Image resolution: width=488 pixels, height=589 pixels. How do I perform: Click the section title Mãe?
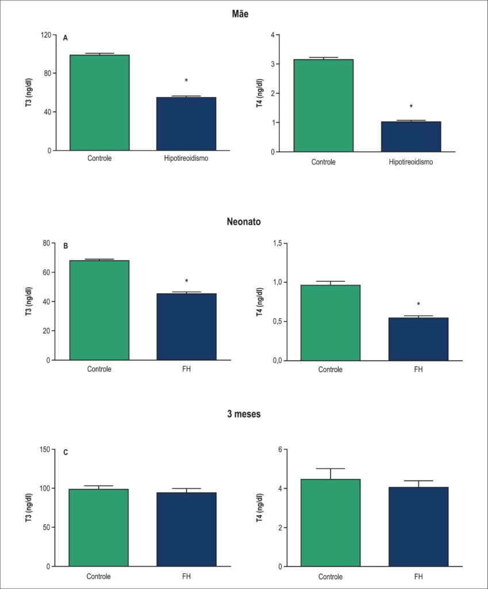240,14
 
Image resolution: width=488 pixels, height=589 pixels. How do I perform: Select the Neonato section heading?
244,221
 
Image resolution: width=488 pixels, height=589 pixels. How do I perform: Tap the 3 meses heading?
244,414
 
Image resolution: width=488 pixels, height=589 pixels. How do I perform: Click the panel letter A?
66,38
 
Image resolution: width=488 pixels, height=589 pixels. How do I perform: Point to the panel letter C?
66,452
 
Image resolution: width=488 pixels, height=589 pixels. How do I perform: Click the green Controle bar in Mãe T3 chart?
99,102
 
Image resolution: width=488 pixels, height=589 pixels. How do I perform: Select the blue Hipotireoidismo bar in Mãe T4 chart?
411,137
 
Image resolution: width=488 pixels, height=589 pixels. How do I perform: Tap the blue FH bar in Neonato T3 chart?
187,327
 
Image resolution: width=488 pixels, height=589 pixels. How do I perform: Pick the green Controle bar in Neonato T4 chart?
331,323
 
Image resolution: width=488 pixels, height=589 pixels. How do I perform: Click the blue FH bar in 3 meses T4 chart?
418,527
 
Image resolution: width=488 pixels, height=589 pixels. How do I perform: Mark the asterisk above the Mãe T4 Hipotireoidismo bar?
411,106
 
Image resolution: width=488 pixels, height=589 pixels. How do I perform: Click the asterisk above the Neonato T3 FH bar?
187,281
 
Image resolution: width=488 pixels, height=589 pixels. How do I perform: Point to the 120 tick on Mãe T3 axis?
46,35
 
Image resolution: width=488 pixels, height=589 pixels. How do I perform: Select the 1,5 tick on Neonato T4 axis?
278,243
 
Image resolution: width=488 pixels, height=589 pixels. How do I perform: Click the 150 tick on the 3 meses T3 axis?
45,449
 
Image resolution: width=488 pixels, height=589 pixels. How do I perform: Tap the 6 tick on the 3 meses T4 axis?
280,450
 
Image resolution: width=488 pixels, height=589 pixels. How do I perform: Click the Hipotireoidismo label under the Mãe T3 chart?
186,158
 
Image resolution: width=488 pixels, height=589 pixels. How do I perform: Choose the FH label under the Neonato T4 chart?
418,369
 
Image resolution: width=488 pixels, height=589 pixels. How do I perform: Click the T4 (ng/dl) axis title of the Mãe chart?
260,93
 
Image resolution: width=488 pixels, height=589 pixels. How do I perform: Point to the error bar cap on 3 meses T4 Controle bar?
331,468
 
